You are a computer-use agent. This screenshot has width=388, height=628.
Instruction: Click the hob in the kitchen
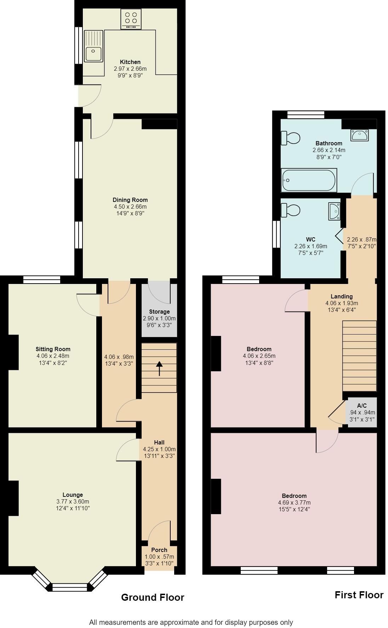coord(131,19)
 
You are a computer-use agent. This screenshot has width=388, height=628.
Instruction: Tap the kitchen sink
coord(93,46)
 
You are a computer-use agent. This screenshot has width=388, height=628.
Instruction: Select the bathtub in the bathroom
coord(308,180)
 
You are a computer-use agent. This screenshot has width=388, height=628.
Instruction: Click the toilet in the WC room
coord(290,210)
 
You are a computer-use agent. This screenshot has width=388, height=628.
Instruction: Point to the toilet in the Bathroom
coord(290,138)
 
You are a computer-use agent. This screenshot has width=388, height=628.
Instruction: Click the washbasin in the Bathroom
coord(359,135)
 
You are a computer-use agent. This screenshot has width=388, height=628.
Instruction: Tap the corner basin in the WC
coord(334,211)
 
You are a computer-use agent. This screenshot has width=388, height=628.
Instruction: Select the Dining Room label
coord(130,200)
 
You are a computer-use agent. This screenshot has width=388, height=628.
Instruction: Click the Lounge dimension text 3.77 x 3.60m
coord(73,501)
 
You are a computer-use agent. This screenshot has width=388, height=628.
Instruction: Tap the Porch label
coord(159,550)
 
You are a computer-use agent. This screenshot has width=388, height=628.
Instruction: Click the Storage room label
coord(159,312)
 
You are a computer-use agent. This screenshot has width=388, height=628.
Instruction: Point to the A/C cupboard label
coord(361,406)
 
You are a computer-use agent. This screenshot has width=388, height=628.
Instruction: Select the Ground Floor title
coord(153,597)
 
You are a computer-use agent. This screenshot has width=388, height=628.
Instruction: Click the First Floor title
coord(359,595)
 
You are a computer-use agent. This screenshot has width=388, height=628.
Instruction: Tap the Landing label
coord(341,296)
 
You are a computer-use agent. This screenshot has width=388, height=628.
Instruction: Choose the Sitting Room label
coord(53,349)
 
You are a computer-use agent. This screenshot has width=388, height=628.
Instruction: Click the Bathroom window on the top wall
coord(306,114)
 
